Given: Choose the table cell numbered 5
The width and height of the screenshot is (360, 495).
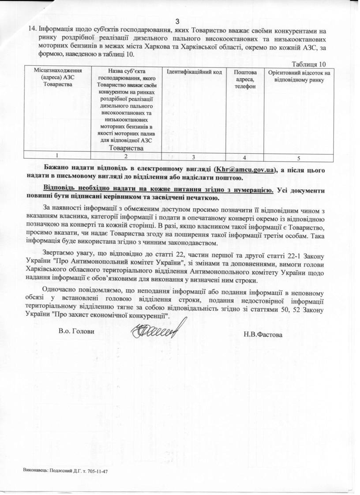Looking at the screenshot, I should (299, 157).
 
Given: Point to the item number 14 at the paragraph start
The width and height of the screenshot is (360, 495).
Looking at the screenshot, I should (32, 31).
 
